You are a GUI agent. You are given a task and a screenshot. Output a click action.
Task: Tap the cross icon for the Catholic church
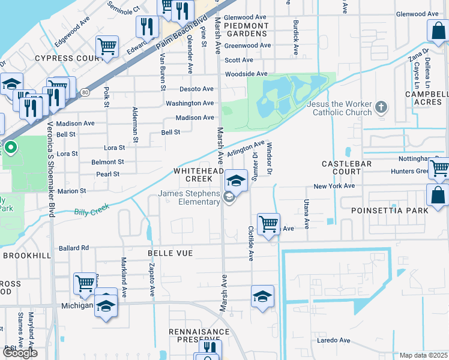(x=381, y=109)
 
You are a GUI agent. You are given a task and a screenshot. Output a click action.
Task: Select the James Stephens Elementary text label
(x=189, y=197)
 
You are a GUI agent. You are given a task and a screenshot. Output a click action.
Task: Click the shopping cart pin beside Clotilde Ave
(x=268, y=224)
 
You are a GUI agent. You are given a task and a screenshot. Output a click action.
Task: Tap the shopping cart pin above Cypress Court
(x=107, y=46)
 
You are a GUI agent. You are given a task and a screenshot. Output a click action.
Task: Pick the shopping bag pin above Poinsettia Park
(x=438, y=194)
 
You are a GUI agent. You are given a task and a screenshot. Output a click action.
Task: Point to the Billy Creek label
(x=89, y=212)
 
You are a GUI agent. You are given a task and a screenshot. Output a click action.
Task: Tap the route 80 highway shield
(x=85, y=92)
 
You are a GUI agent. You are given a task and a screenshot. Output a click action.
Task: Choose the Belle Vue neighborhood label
(x=170, y=253)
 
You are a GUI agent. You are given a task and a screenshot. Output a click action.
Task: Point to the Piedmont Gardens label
(x=246, y=30)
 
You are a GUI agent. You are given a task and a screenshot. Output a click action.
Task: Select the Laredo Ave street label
(x=333, y=340)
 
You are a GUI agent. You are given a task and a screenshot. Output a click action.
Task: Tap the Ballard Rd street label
(x=73, y=248)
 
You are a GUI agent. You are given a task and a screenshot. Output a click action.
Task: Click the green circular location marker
(x=10, y=146)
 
